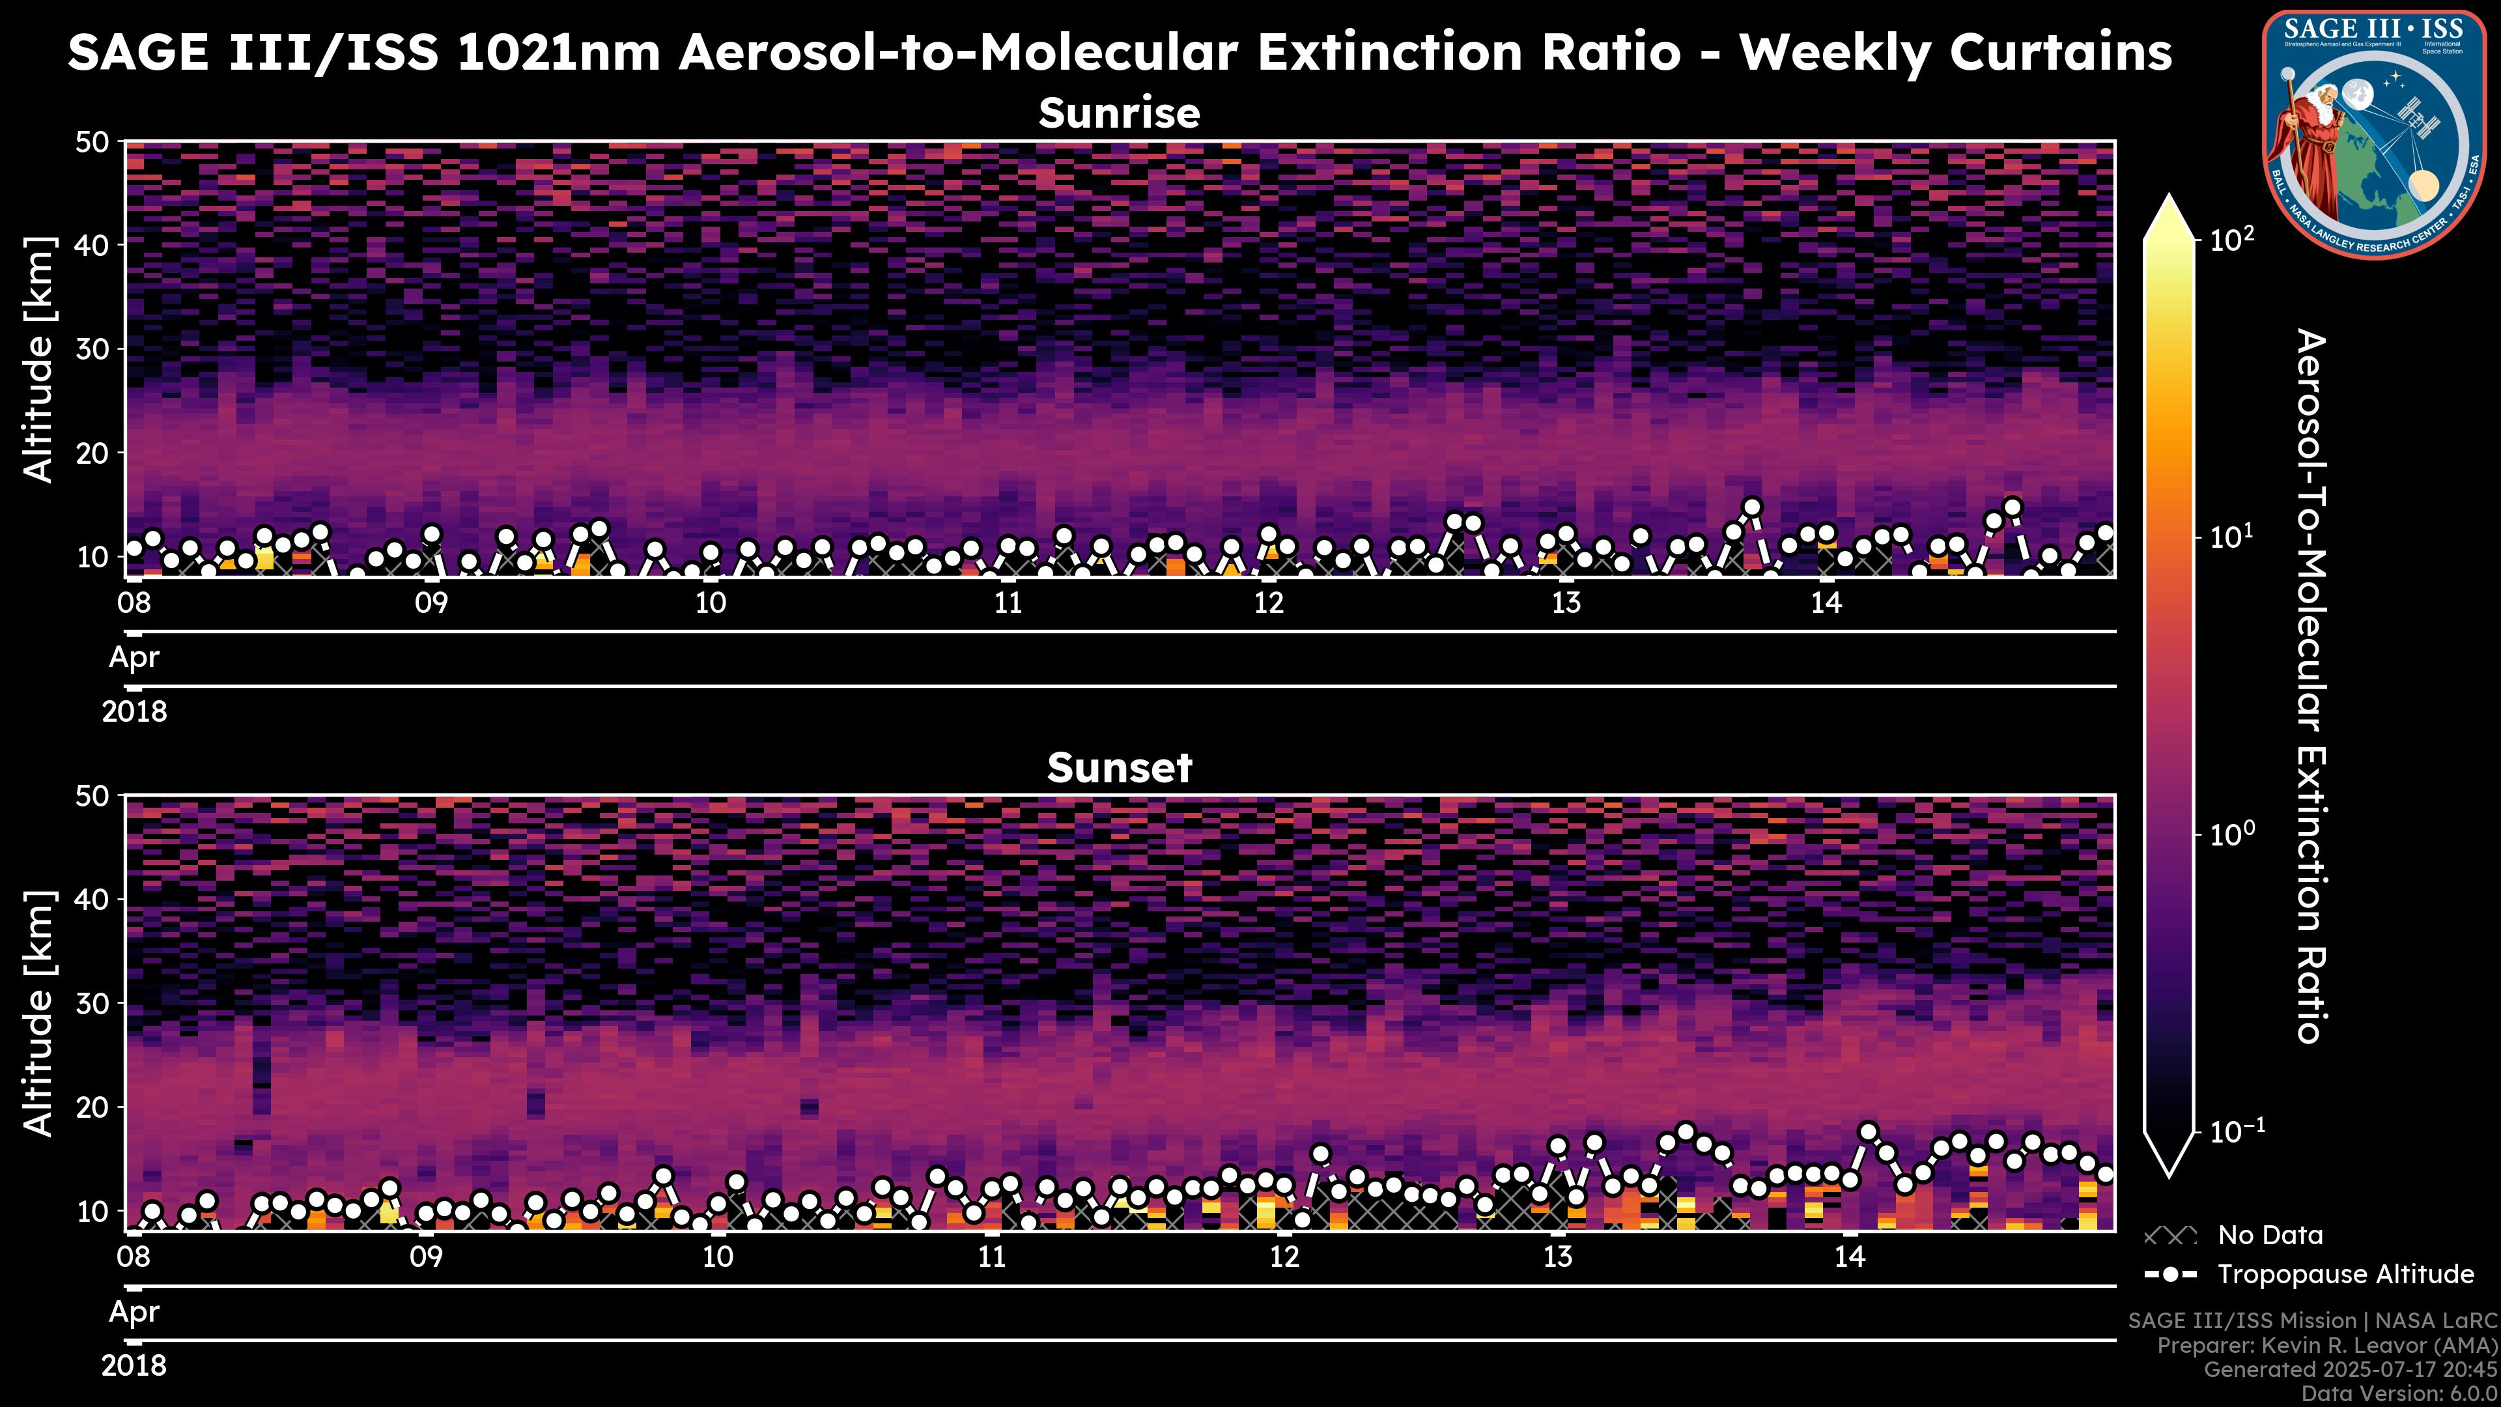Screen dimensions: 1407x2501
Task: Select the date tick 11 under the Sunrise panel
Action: pos(1009,603)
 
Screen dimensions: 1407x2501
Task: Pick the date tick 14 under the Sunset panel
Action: pos(1850,1257)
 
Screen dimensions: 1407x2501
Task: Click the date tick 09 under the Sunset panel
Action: pos(426,1257)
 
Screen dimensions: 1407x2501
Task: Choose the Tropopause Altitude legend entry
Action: pos(2345,1275)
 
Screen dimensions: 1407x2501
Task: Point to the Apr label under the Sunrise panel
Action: pos(134,657)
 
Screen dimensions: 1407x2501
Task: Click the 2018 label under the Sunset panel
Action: pos(134,1366)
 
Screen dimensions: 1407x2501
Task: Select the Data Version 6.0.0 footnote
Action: pos(2399,1393)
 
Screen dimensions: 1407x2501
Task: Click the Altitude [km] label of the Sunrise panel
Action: pos(39,360)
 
